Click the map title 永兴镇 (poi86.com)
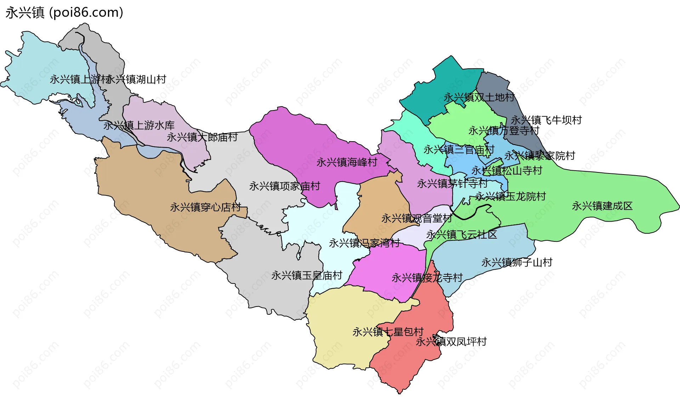pos(64,13)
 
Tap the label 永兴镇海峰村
pos(347,162)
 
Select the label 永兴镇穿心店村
pos(205,207)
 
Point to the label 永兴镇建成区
pos(602,206)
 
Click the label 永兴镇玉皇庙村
pos(307,275)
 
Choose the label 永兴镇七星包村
pos(388,332)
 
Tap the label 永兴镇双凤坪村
pos(451,342)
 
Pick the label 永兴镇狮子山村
pos(517,263)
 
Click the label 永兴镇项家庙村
pos(284,186)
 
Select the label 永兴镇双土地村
pos(479,97)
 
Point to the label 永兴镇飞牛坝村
pos(546,120)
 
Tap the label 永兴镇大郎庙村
pos(202,137)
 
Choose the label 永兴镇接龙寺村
pos(427,278)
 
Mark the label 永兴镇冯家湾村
pos(364,243)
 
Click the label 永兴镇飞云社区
pos(461,235)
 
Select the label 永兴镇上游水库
pos(139,125)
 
